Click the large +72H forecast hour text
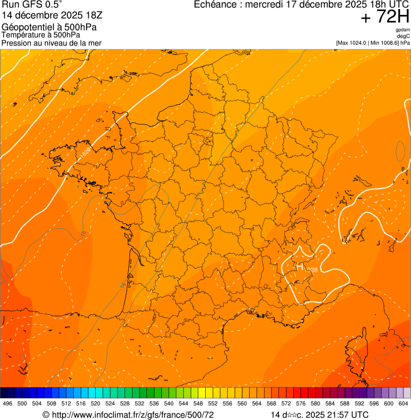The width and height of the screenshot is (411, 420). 385,17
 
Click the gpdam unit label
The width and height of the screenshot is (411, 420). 403,30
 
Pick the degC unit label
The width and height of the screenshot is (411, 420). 404,36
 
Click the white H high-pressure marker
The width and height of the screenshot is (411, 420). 299,266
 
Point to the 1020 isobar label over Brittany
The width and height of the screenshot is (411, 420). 86,151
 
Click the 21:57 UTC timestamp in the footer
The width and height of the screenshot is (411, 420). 342,415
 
